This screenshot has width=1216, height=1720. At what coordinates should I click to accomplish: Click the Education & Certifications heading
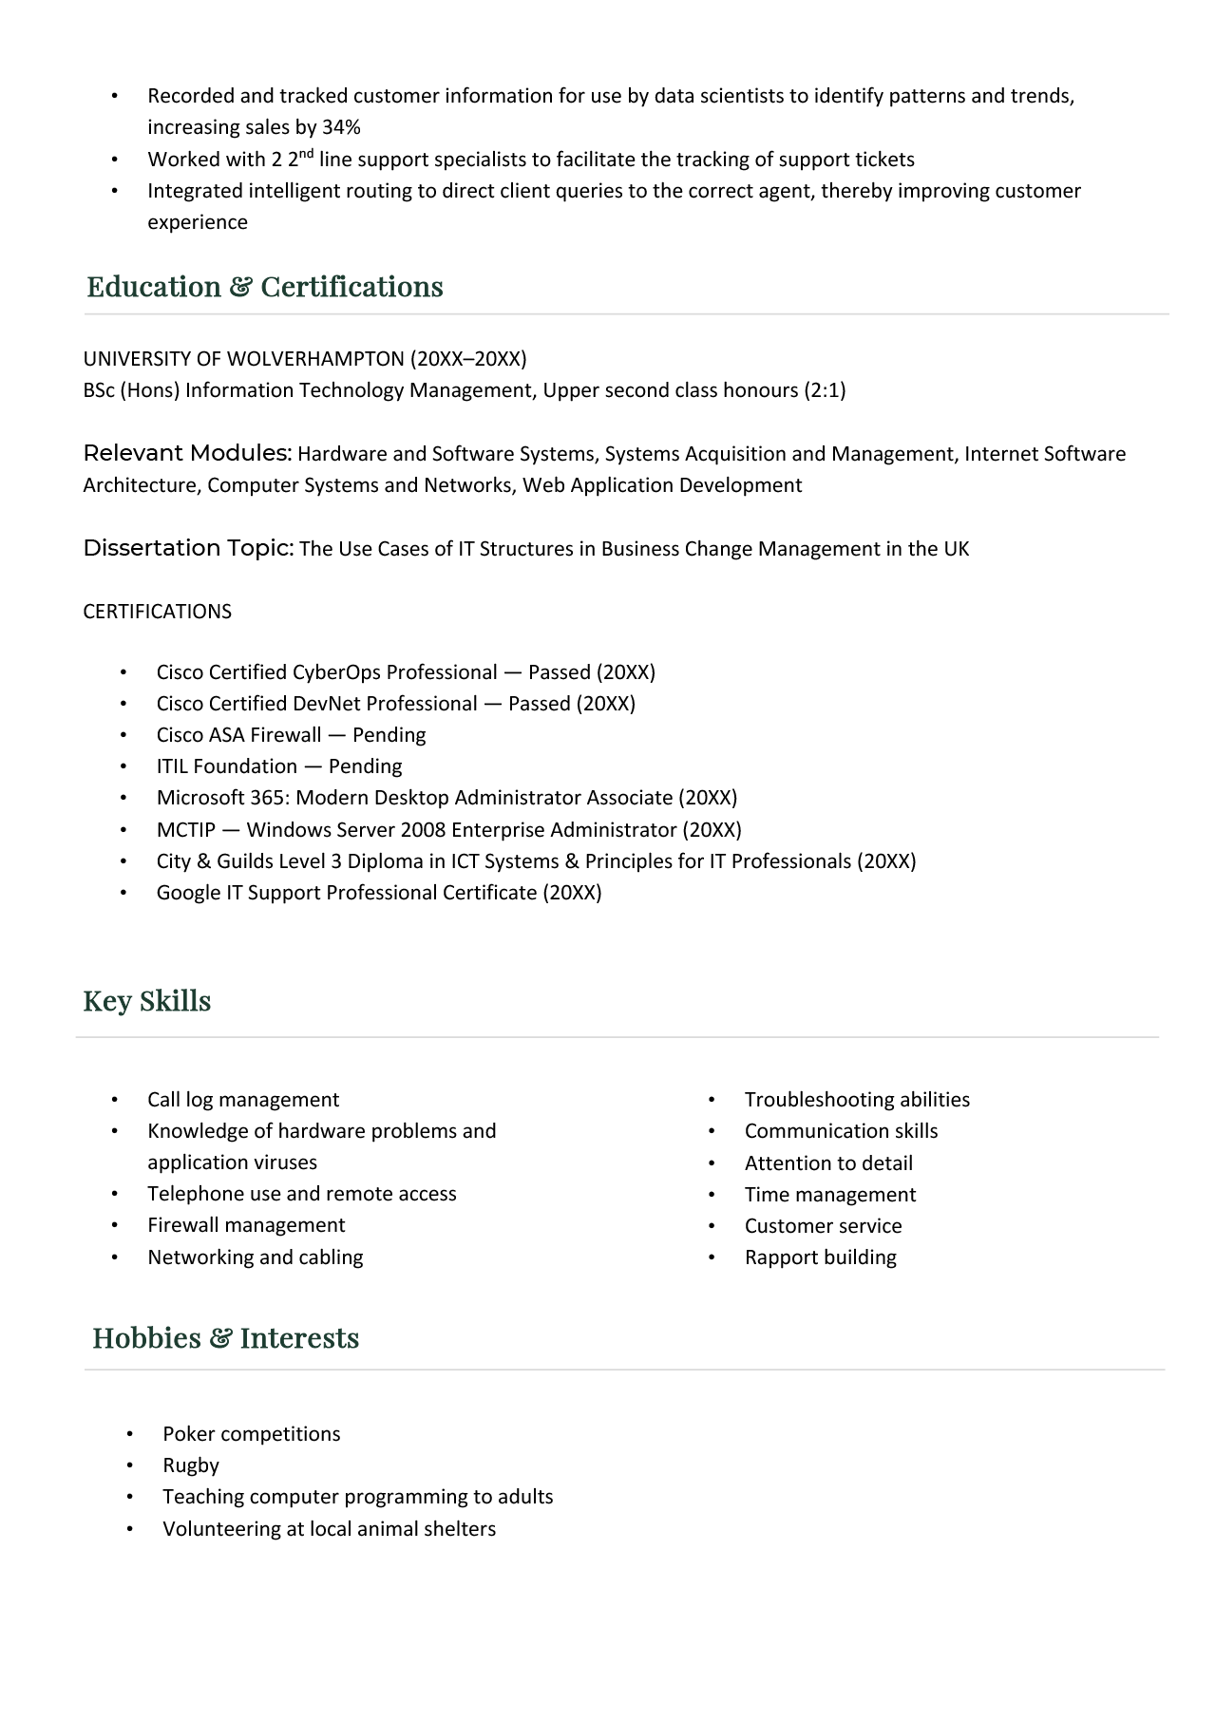coord(264,287)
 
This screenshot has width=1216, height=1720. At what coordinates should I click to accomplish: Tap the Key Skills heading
coord(146,1001)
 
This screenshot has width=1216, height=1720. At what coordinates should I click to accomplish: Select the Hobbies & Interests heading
coord(225,1338)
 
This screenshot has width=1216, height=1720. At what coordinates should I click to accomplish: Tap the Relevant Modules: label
coord(187,453)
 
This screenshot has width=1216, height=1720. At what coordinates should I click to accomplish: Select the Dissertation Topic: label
coord(188,548)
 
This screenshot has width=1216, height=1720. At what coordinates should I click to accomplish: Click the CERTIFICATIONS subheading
coord(157,612)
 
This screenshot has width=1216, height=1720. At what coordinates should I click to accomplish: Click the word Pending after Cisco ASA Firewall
coord(389,735)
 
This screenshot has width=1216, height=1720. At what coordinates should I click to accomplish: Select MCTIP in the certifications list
coord(185,830)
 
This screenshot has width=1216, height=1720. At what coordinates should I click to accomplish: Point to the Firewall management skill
coord(246,1225)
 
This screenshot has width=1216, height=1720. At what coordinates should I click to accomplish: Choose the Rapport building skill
coord(820,1257)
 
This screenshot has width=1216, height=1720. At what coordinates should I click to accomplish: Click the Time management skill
coord(829,1195)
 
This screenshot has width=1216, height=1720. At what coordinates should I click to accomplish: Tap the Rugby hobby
coord(190,1465)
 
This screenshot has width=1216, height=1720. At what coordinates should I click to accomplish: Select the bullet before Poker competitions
coord(129,1434)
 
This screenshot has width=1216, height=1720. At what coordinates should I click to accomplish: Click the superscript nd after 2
coord(307,153)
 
